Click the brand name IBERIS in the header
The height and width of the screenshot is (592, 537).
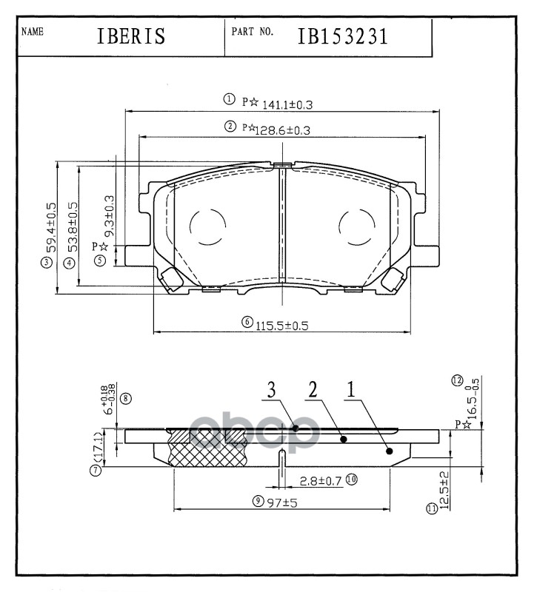click(x=130, y=38)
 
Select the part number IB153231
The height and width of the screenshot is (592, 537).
click(x=344, y=37)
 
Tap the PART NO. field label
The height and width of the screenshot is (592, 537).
click(x=253, y=33)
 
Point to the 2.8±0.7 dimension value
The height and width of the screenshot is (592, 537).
click(x=321, y=481)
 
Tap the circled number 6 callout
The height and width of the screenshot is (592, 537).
click(x=247, y=323)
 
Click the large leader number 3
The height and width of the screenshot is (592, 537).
click(x=272, y=389)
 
